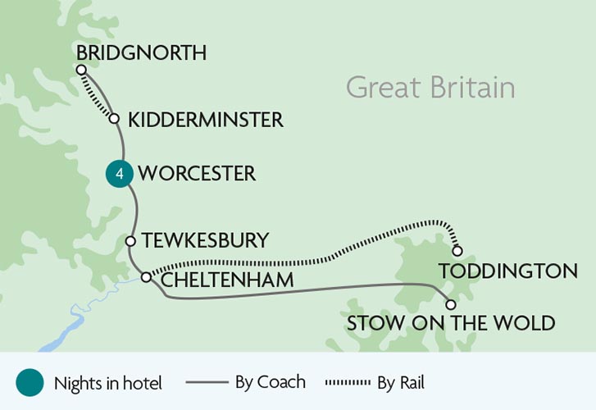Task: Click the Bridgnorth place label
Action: (x=140, y=52)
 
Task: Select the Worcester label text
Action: (x=197, y=174)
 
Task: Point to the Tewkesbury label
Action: (x=205, y=240)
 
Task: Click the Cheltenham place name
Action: (x=227, y=280)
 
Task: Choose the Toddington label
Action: (x=508, y=271)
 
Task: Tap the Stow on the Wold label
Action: (x=450, y=322)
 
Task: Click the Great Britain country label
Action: (x=430, y=87)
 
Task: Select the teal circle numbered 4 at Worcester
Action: (x=119, y=174)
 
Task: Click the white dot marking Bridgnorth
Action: (x=81, y=70)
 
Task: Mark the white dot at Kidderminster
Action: (x=115, y=119)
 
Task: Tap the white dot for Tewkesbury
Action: (x=130, y=240)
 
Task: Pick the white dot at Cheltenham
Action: (x=146, y=277)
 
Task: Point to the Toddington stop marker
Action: (x=457, y=251)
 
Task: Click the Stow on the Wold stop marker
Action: (x=449, y=303)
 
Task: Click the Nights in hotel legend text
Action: (x=107, y=382)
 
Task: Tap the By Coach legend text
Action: (x=270, y=382)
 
